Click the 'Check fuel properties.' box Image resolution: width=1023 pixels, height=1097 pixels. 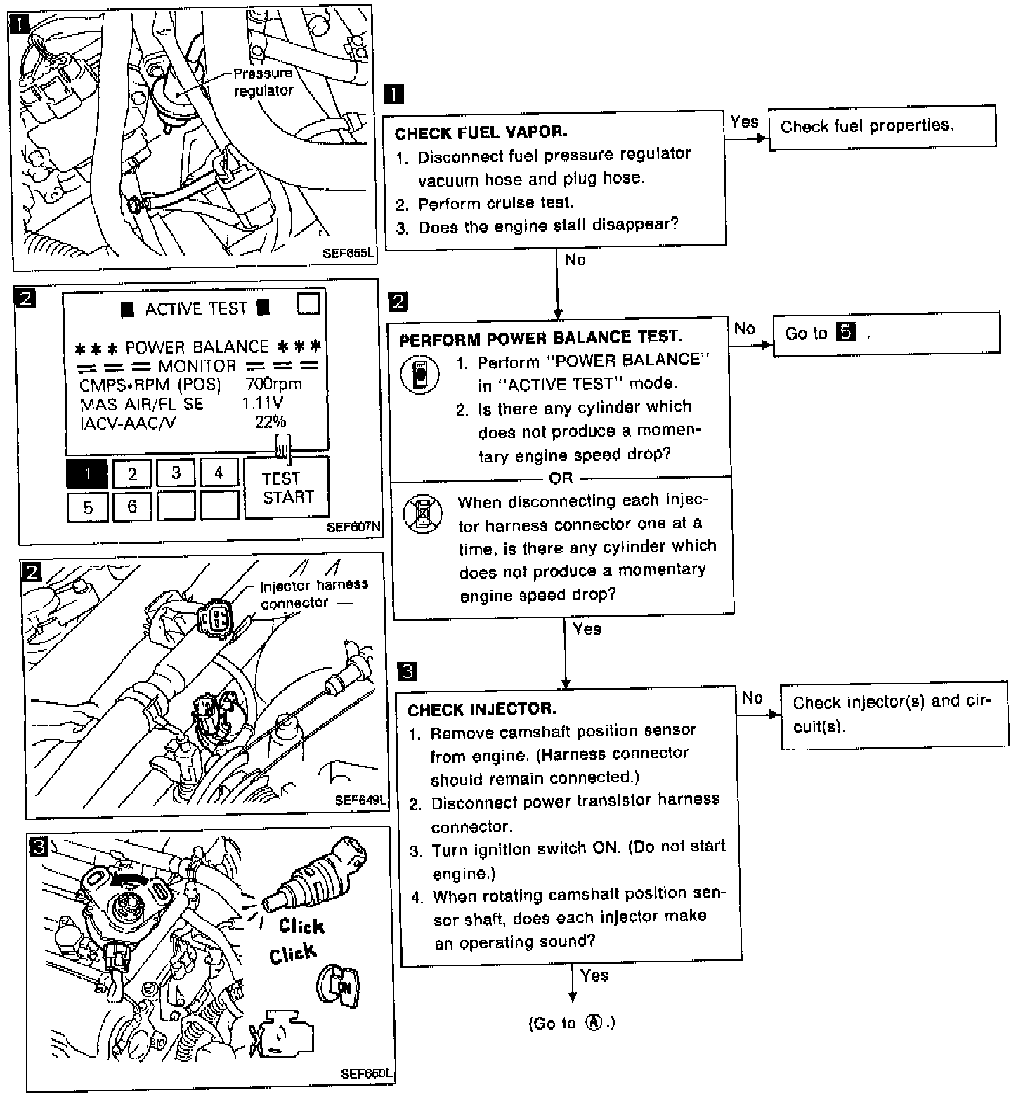[x=882, y=127]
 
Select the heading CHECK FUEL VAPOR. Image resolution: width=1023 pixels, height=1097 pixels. [x=481, y=132]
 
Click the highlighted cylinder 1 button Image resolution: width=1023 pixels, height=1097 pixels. [x=87, y=473]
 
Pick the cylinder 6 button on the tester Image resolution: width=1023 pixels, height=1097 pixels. [x=131, y=506]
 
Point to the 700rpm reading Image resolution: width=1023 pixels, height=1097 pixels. [x=273, y=384]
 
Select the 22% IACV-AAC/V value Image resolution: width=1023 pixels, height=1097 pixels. [x=270, y=421]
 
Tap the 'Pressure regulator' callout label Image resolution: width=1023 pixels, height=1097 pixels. [x=262, y=81]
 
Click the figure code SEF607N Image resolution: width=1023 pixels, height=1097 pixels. [x=353, y=527]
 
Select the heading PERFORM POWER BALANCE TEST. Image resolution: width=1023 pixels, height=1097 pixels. [x=540, y=339]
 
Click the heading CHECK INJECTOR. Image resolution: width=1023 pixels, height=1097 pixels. [x=481, y=709]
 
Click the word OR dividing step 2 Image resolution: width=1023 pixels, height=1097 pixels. [x=561, y=478]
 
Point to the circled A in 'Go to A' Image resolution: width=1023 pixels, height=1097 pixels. [x=594, y=1023]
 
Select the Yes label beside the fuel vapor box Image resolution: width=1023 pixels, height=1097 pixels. [x=744, y=122]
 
